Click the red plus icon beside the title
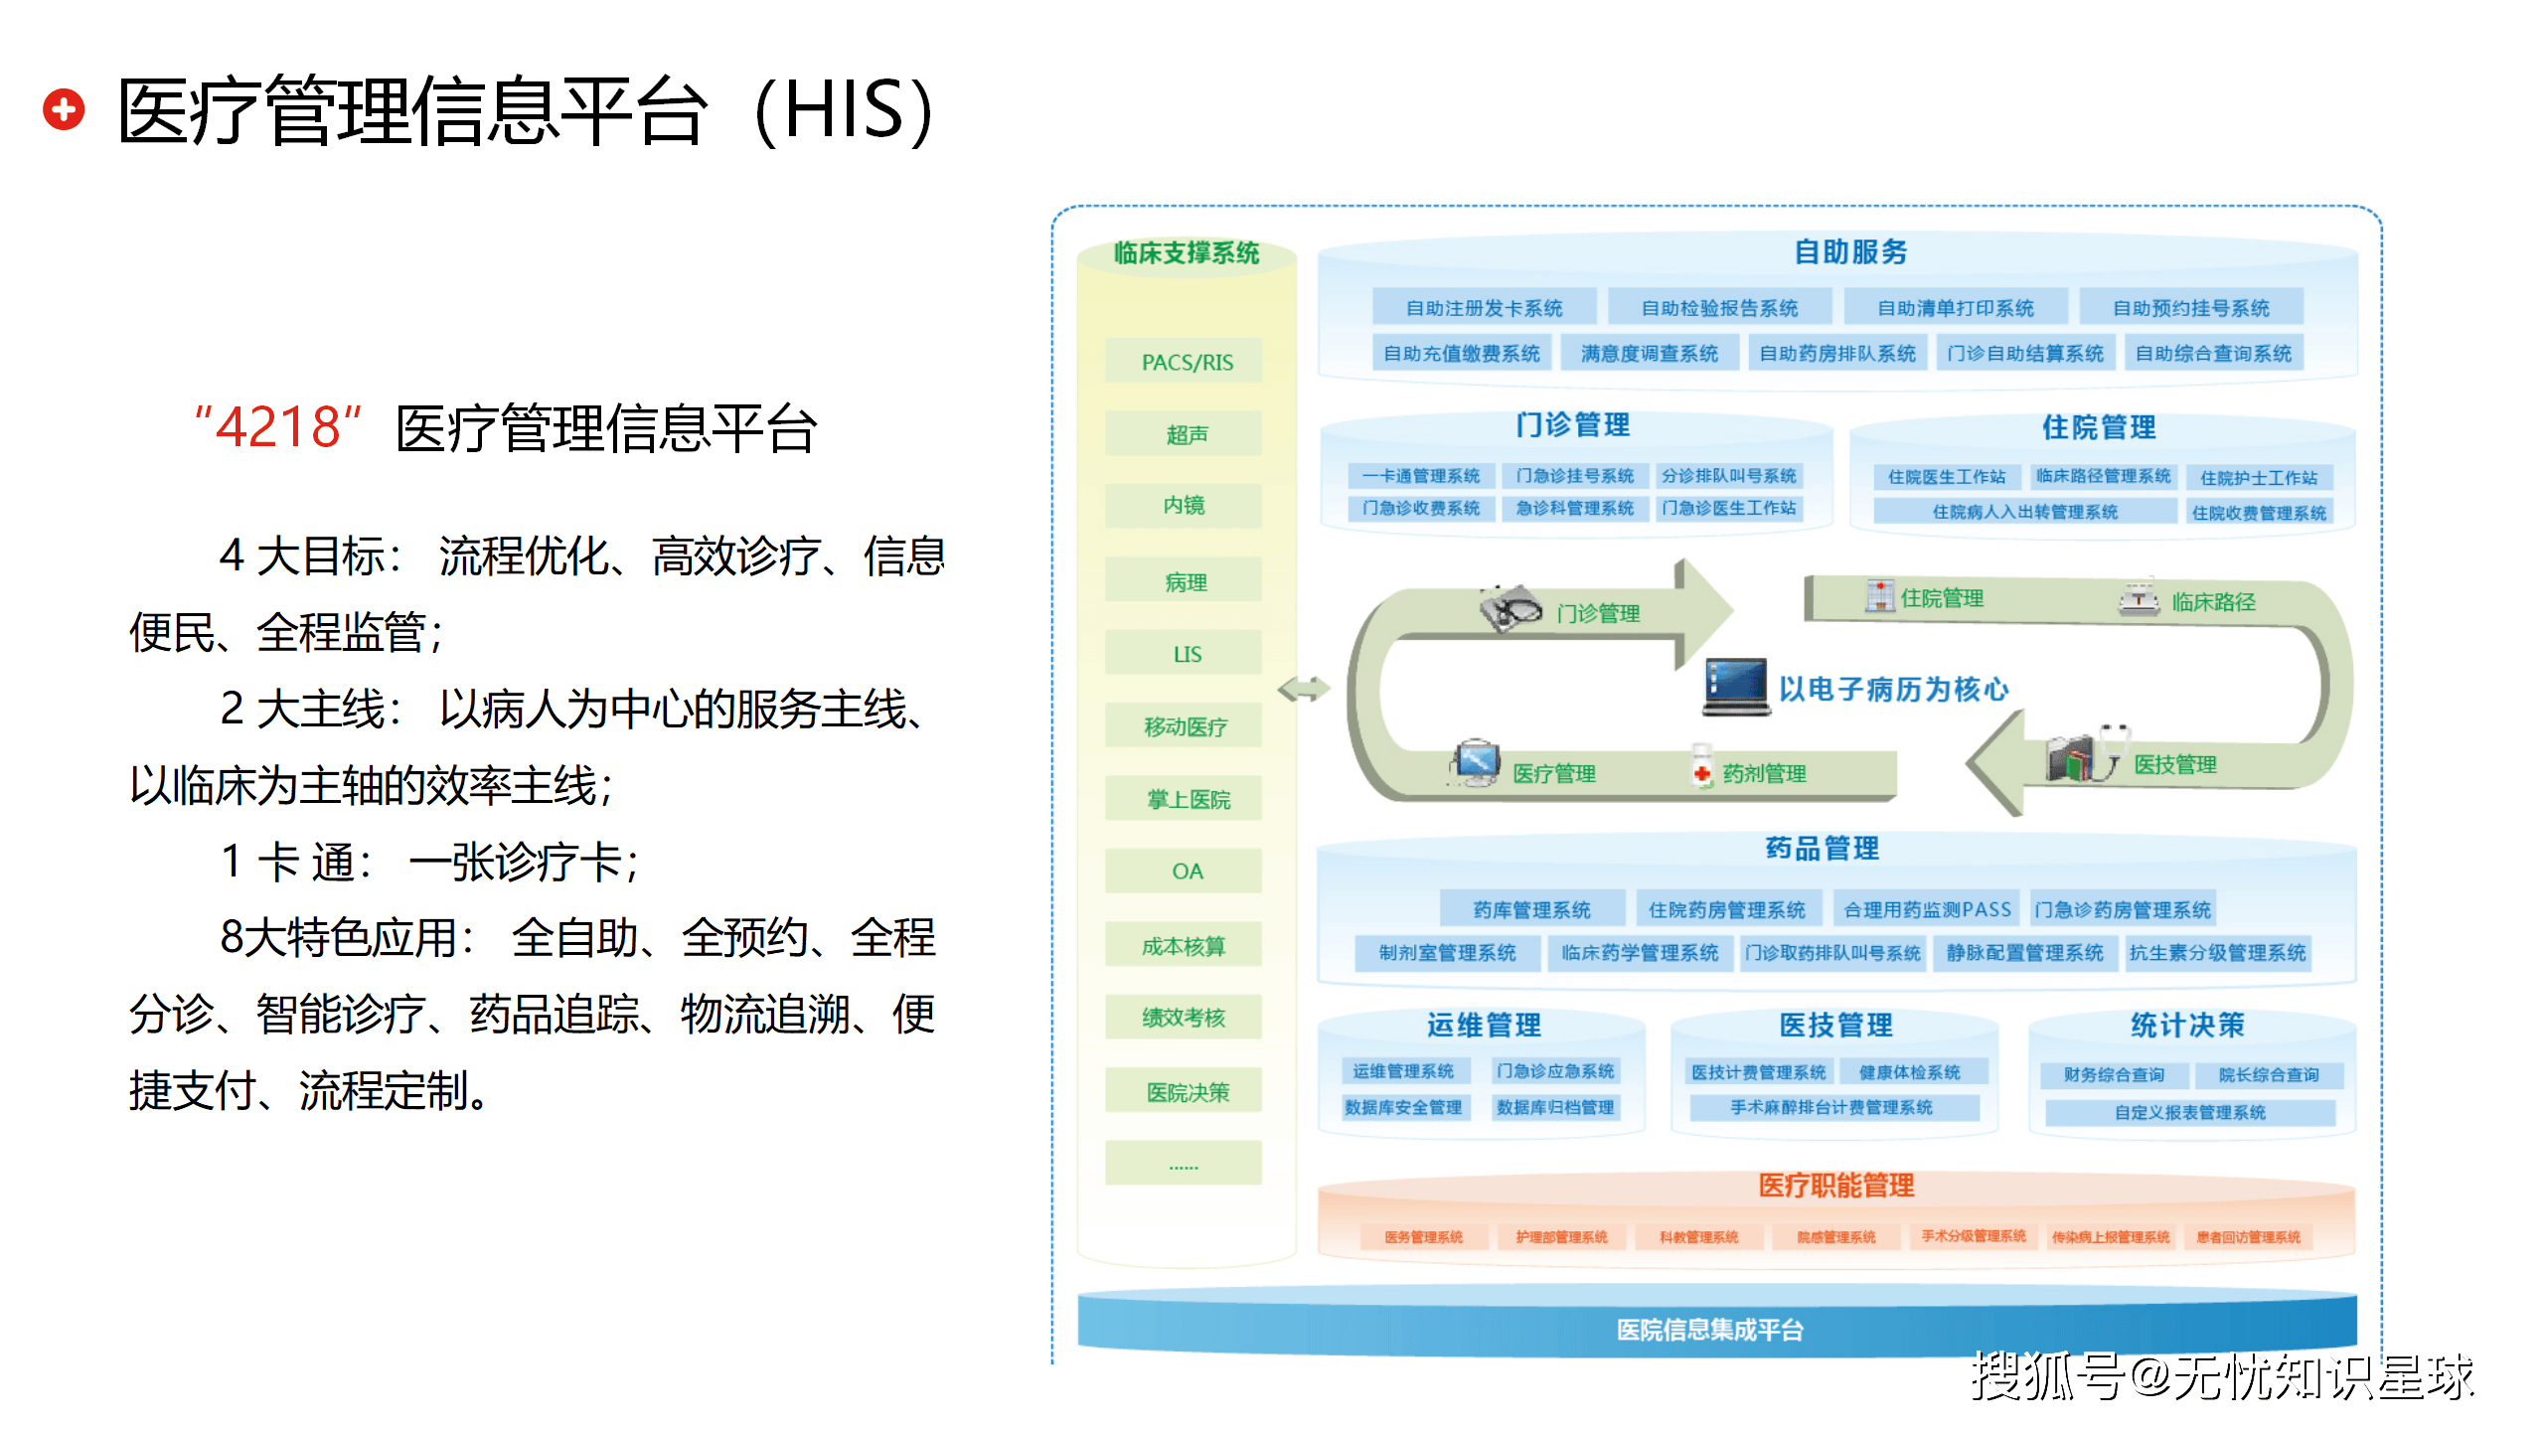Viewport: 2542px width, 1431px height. coord(64,109)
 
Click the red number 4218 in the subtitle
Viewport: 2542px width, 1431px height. coord(278,429)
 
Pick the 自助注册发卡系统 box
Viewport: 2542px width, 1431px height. coord(1484,308)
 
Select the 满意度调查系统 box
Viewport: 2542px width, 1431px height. coord(1649,353)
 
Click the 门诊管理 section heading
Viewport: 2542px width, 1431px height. coord(1572,425)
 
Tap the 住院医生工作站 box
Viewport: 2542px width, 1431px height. coord(1946,477)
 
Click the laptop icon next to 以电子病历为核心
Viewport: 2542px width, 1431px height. coord(1735,686)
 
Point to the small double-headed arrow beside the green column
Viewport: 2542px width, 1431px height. coord(1303,688)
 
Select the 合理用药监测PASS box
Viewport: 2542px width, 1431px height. coord(1926,909)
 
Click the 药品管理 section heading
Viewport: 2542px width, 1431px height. coord(1822,849)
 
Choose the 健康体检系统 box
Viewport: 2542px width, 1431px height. coord(1909,1072)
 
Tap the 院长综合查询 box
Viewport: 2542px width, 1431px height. coord(2268,1074)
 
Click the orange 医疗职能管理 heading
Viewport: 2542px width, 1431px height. coord(1835,1186)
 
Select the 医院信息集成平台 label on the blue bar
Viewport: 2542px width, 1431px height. coord(1709,1330)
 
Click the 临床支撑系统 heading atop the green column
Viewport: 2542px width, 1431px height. coord(1186,253)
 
